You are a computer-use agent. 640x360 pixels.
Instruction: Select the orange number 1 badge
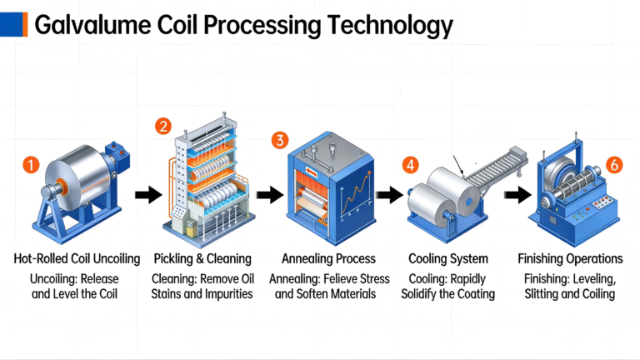coord(30,165)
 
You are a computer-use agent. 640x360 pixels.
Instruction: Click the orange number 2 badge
coord(163,127)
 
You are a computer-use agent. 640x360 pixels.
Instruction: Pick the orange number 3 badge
coord(280,139)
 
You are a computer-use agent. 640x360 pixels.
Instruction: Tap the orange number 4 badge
coord(410,164)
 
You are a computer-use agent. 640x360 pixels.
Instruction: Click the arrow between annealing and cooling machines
coord(387,196)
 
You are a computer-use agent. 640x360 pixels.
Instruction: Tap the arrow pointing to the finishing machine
coord(515,196)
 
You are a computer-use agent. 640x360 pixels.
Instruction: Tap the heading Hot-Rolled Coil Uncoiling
coord(75,258)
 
